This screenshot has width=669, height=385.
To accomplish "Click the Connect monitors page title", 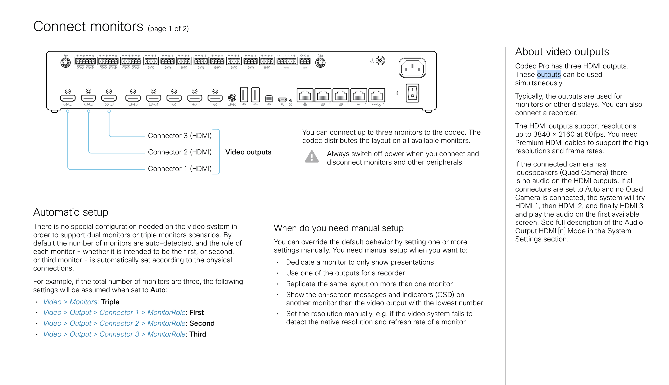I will point(88,27).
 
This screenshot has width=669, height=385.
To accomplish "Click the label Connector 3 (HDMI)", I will point(179,136).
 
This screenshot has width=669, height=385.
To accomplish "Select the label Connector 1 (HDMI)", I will point(179,169).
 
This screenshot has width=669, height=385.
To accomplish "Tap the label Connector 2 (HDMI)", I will point(179,152).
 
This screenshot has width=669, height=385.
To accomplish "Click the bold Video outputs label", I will point(248,152).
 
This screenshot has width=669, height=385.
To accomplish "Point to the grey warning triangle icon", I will point(312,157).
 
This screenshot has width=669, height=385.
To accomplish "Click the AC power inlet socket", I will point(412,68).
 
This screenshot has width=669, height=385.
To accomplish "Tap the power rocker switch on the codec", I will point(412,93).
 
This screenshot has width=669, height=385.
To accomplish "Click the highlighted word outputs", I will point(549,75).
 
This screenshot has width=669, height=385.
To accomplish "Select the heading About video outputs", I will point(562,52).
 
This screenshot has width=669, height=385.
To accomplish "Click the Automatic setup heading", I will point(70,212).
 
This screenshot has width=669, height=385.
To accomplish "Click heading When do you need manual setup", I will point(338,228).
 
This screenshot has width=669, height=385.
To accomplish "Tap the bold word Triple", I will point(110,302).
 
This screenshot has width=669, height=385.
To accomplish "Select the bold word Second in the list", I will point(202,323).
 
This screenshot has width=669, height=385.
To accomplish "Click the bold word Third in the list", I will point(198,334).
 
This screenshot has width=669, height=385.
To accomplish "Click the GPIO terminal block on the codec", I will point(286,61).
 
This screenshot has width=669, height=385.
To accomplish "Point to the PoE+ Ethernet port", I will point(376,95).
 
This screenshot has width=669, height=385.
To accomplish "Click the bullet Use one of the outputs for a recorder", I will point(345,273).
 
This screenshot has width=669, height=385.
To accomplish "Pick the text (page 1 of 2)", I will point(168,29).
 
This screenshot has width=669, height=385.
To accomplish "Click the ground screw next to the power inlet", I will point(380,60).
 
